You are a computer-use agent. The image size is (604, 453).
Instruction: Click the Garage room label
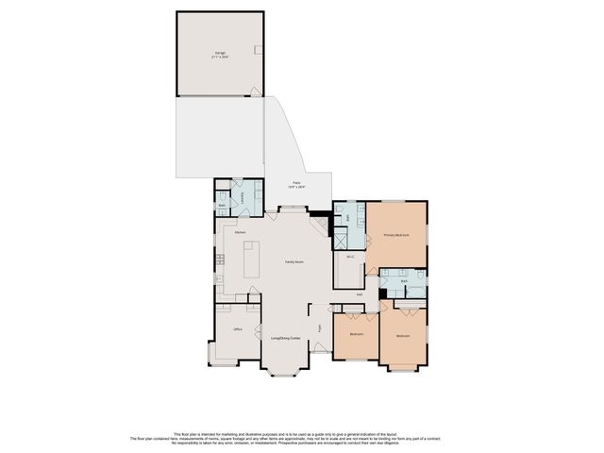(220, 55)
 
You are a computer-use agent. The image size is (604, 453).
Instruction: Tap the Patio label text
(295, 184)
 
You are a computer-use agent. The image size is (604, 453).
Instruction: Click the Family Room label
(294, 261)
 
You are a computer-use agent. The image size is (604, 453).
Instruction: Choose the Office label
(237, 328)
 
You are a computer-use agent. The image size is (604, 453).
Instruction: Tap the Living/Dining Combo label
(286, 336)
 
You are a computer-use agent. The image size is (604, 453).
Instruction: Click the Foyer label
(319, 327)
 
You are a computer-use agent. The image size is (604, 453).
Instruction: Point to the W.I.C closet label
(349, 257)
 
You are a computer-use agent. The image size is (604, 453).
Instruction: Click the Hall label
(360, 294)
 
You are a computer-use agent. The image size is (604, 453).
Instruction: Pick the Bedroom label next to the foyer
(356, 334)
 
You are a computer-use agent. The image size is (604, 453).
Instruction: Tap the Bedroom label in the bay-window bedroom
(403, 336)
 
